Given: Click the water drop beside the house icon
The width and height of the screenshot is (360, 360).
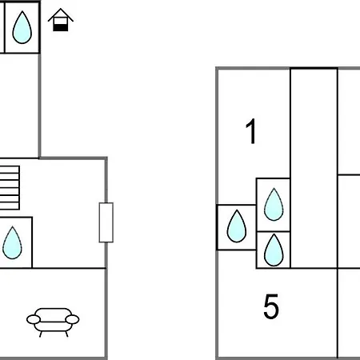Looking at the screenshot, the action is tap(22, 27).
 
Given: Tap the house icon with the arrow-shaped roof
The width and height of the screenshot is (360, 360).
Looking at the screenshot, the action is tap(61, 20).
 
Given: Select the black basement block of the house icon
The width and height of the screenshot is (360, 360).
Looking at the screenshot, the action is tap(61, 27).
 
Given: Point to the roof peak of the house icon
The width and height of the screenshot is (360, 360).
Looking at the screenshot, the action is tap(61, 9).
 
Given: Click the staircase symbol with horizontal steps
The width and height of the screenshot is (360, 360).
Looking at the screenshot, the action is tap(10, 188).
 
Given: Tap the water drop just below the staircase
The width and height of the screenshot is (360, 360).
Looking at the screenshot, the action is tap(12, 242).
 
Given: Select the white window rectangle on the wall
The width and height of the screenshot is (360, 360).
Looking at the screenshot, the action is tap(106, 222).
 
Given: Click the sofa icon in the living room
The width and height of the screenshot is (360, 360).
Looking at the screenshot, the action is tap(53, 322).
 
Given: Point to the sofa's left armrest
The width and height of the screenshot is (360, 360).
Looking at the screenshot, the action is tap(34, 319).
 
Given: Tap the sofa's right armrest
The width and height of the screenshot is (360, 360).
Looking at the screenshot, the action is tap(72, 319).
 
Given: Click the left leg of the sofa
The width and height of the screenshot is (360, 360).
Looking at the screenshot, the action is tap(41, 334).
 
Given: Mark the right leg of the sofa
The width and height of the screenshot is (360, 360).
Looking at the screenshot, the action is tap(66, 334).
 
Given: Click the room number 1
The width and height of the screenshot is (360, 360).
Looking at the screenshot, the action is tap(251, 131).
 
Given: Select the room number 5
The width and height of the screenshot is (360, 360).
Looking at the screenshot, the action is tap(271, 306).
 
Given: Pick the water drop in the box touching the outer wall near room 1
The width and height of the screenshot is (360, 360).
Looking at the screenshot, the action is tap(237, 226).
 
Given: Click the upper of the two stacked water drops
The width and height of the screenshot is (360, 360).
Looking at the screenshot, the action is tap(274, 204).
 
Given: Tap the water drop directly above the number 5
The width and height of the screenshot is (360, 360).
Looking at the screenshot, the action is tap(274, 250).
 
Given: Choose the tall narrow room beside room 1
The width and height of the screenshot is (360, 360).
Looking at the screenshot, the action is tap(314, 168).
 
